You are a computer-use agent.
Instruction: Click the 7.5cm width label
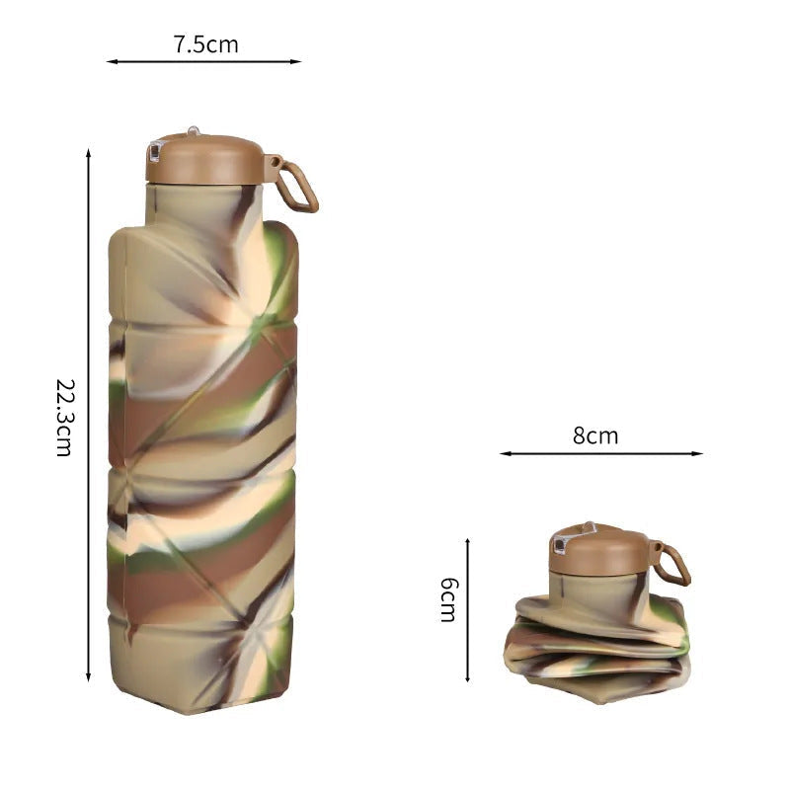pyautogui.click(x=205, y=44)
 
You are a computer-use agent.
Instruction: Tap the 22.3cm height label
pyautogui.click(x=65, y=418)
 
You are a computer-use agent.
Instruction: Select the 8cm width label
pyautogui.click(x=595, y=435)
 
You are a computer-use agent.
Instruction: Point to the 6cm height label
pyautogui.click(x=449, y=599)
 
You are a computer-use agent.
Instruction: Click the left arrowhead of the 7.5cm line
pyautogui.click(x=112, y=61)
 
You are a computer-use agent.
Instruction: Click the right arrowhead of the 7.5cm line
pyautogui.click(x=296, y=61)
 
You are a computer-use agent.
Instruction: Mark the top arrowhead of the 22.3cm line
pyautogui.click(x=88, y=154)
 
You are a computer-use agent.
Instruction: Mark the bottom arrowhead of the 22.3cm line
pyautogui.click(x=88, y=676)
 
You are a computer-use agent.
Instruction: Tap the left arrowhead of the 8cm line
pyautogui.click(x=505, y=453)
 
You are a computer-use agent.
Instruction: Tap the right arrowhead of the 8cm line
pyautogui.click(x=698, y=453)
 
